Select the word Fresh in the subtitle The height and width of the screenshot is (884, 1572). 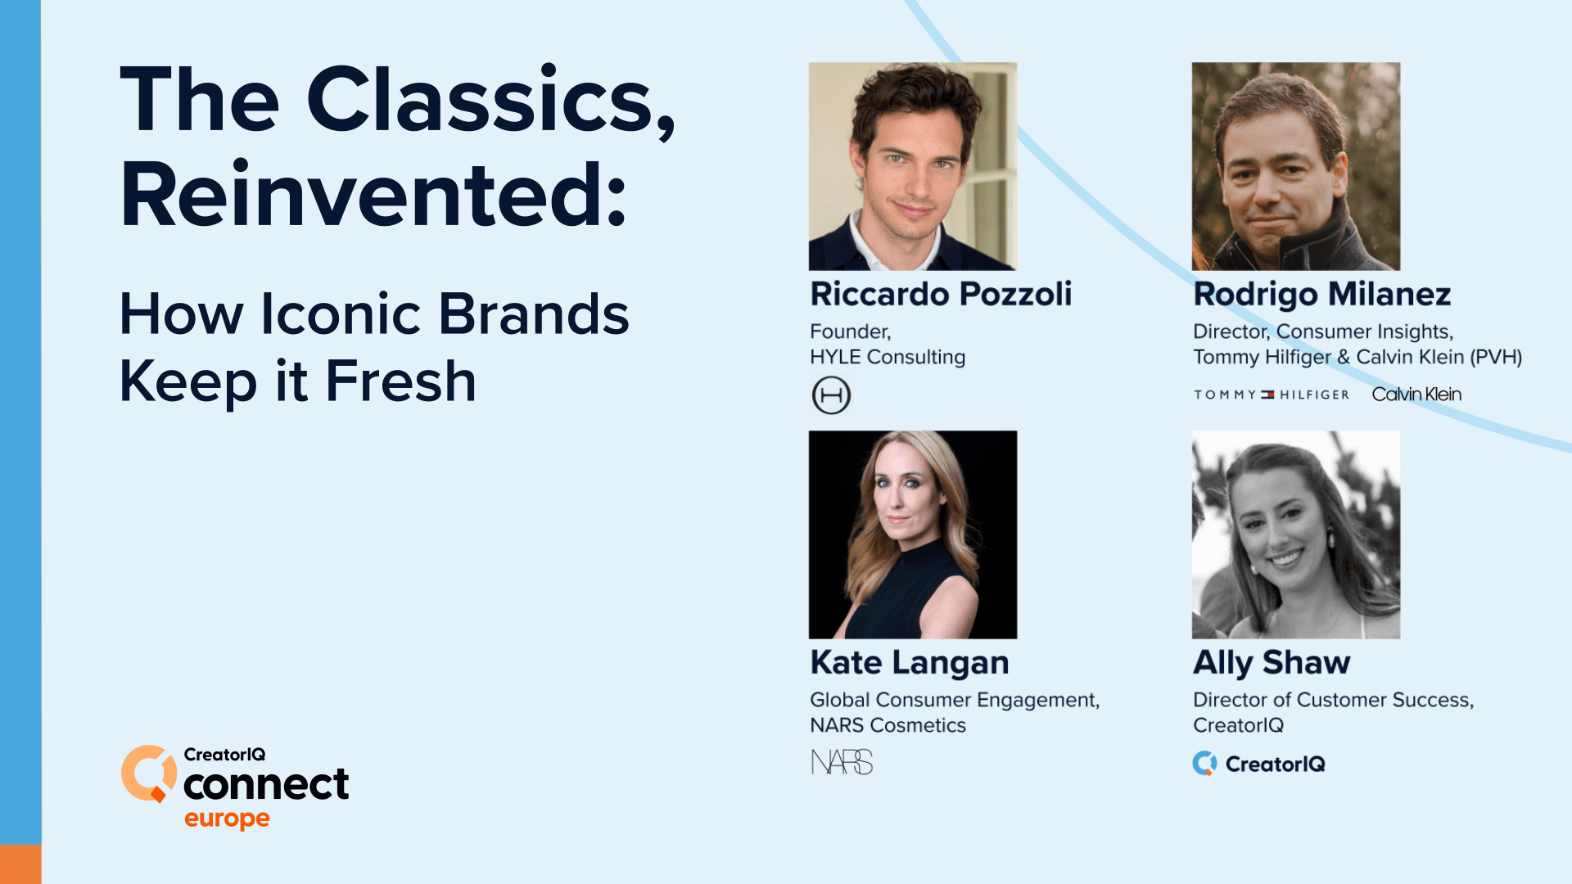click(400, 381)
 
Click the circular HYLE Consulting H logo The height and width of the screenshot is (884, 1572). click(831, 395)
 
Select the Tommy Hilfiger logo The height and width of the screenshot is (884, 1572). click(1271, 395)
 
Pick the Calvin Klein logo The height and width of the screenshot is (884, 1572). click(1416, 395)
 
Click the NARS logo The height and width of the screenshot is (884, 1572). click(842, 763)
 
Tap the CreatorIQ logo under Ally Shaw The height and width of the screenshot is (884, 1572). click(1258, 764)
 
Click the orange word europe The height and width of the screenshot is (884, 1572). click(227, 819)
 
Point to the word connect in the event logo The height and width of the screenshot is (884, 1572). click(266, 785)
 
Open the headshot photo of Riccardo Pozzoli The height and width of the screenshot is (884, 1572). click(913, 166)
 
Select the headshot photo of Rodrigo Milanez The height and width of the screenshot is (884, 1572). click(1296, 166)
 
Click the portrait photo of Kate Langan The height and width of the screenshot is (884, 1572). click(913, 534)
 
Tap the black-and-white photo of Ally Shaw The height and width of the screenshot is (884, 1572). click(1296, 534)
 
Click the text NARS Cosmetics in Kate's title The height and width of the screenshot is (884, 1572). click(888, 725)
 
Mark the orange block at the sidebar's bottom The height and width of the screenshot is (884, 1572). click(20, 864)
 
